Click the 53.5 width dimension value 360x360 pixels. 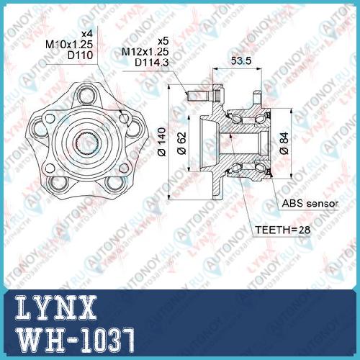point(241,61)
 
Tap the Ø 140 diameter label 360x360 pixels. point(162,142)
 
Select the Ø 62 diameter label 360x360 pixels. point(181,143)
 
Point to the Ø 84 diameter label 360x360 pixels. point(284,143)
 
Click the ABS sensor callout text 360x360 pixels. point(310,204)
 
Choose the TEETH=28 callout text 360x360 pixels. point(282,230)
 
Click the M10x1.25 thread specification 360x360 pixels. point(69,44)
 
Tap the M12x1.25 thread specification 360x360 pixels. point(145,52)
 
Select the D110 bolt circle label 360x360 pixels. point(80,55)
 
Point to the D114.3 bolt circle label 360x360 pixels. point(152,63)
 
